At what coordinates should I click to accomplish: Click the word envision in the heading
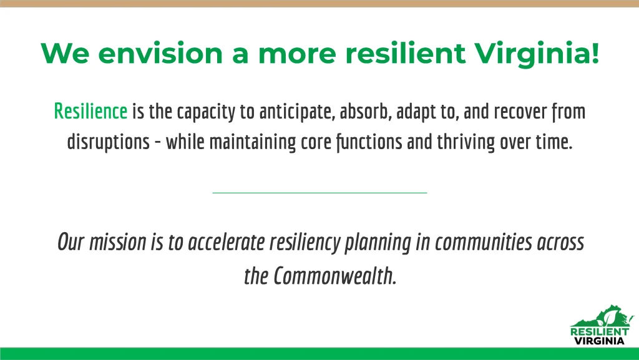160,53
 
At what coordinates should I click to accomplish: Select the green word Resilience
90,111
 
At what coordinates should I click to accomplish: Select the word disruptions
109,142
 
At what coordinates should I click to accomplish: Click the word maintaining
253,142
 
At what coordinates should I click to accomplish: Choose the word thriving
466,142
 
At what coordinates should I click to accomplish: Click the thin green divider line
319,193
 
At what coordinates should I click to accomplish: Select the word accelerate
226,242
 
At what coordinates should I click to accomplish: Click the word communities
484,242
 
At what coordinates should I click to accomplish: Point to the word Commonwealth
334,276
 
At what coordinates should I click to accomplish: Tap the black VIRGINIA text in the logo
599,341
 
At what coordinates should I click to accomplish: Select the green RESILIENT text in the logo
600,331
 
